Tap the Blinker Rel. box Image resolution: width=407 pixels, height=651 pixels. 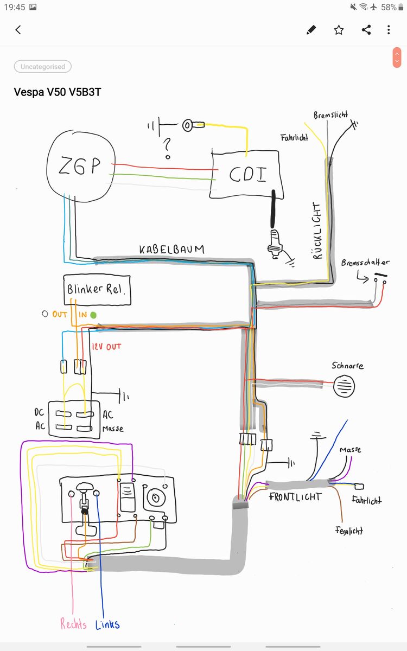[96, 289]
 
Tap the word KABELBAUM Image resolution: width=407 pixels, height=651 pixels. [171, 250]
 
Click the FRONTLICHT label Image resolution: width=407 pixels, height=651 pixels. [295, 496]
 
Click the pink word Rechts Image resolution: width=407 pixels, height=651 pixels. [73, 624]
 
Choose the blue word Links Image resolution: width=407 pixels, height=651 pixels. [107, 624]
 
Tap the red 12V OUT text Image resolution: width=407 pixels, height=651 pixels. [106, 346]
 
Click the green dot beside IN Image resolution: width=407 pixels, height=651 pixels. [93, 315]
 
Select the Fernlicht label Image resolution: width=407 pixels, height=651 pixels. [348, 531]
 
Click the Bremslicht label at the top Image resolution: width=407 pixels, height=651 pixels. [330, 116]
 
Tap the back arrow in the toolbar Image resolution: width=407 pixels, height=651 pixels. [18, 30]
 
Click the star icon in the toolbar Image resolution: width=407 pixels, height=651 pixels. [339, 30]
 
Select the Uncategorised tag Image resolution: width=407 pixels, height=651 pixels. [42, 67]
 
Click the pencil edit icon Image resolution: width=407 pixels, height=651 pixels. [311, 30]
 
